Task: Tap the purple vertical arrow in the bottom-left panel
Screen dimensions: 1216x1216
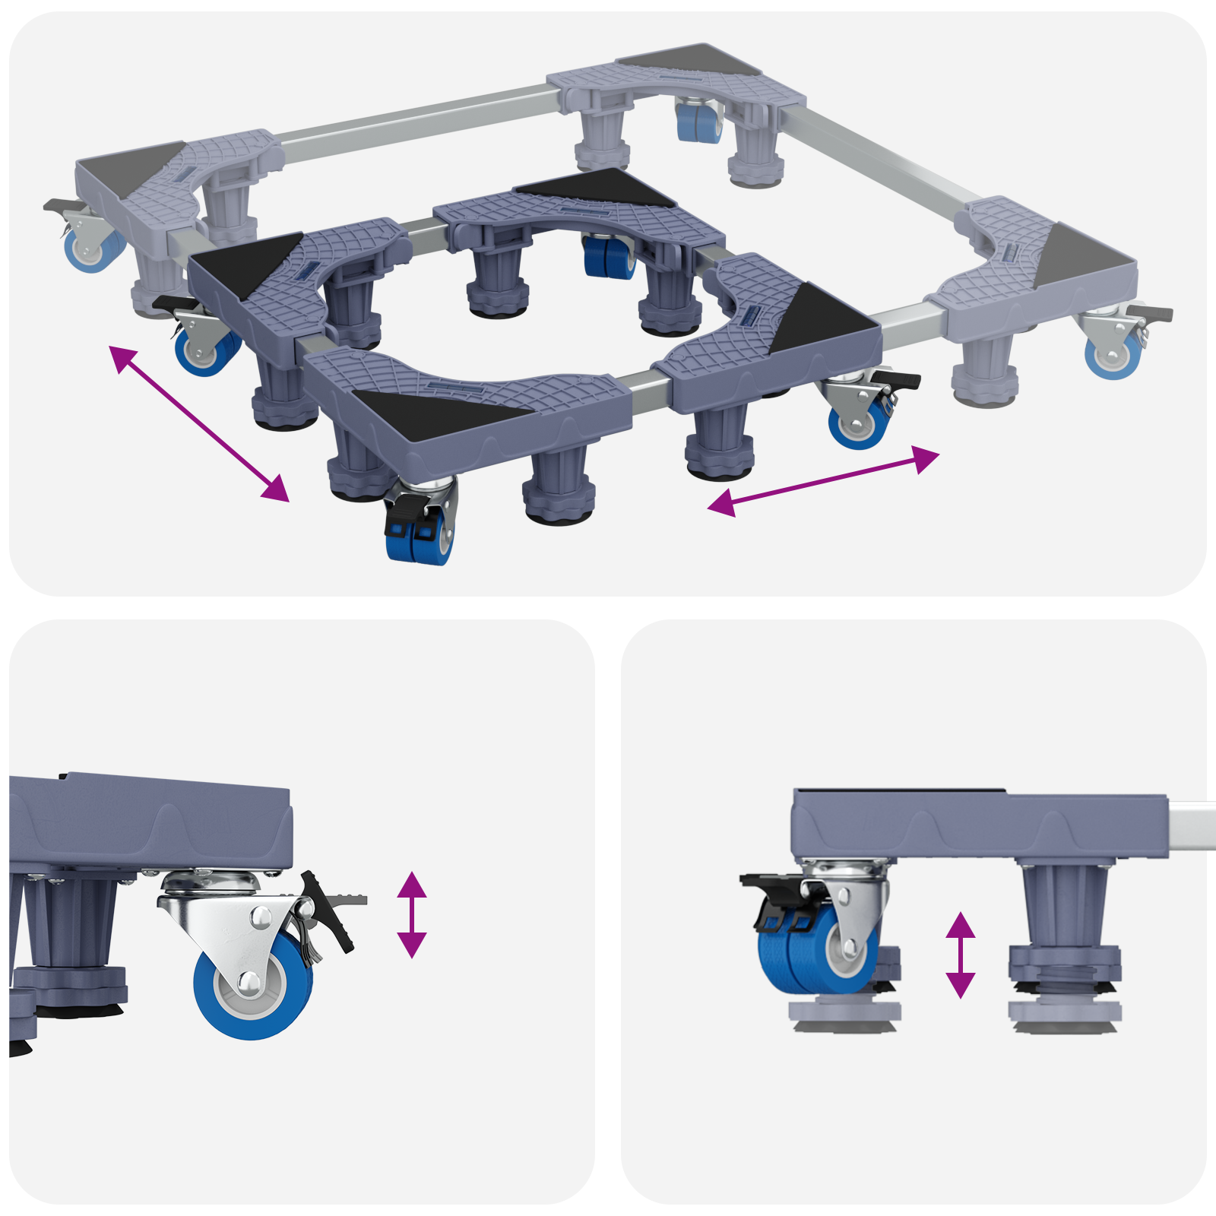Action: pos(411,914)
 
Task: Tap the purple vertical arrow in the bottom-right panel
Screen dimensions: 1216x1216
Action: pos(960,955)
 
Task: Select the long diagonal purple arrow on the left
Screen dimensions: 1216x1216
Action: pos(200,423)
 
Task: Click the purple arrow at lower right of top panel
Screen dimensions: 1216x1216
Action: pos(823,481)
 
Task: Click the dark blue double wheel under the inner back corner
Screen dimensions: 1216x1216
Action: pos(609,257)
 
